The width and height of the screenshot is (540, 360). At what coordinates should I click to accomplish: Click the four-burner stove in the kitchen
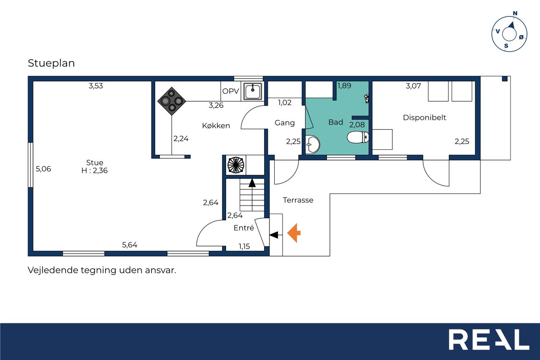(x=172, y=101)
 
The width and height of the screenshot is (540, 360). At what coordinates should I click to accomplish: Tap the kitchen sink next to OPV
(x=253, y=91)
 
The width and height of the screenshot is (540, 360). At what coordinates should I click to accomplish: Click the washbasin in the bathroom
(x=313, y=144)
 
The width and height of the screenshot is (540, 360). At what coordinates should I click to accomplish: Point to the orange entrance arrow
(x=294, y=233)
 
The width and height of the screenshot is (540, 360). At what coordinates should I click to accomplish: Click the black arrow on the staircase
(x=252, y=183)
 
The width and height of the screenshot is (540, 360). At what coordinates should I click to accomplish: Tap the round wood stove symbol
(x=236, y=165)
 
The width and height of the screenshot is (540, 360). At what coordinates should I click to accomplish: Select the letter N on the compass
(x=515, y=13)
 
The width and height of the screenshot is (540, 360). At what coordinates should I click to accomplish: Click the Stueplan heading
(x=51, y=63)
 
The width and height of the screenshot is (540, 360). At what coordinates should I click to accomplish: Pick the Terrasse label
(x=298, y=200)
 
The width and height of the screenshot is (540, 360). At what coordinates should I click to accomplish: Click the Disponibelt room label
(x=424, y=118)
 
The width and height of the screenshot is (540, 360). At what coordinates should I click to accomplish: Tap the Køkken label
(x=216, y=126)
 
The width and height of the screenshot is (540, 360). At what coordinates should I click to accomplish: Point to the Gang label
(x=285, y=123)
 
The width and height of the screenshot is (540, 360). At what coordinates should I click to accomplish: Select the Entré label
(x=244, y=227)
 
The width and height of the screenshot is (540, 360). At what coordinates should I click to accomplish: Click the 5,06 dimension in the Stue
(x=43, y=169)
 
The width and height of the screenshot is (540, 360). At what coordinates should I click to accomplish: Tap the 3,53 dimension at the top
(x=96, y=86)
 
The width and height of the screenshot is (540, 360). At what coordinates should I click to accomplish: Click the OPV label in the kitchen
(x=230, y=91)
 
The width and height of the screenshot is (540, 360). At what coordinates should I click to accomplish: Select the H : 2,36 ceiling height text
(x=94, y=171)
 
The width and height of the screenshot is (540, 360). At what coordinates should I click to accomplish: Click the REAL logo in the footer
(x=489, y=339)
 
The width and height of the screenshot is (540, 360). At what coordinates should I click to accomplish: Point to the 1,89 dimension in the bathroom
(x=344, y=86)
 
